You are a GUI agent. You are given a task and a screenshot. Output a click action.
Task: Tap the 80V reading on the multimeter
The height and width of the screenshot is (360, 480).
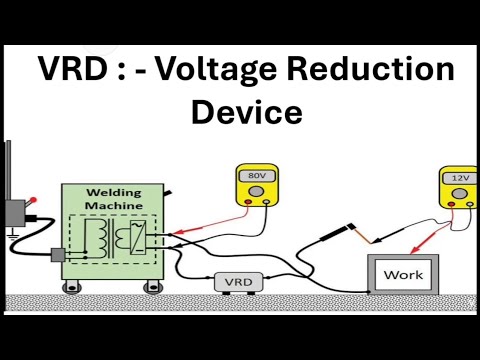pyautogui.click(x=257, y=176)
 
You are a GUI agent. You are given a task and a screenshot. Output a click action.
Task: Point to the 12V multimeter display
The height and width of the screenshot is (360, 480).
pyautogui.click(x=459, y=177)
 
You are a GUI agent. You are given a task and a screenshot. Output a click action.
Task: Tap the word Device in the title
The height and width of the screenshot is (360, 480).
pyautogui.click(x=246, y=111)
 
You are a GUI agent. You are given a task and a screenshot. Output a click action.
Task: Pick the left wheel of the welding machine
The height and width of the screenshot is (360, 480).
pyautogui.click(x=72, y=288)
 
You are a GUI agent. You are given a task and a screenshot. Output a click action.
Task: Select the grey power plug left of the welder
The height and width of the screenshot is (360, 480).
pyautogui.click(x=58, y=255)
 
